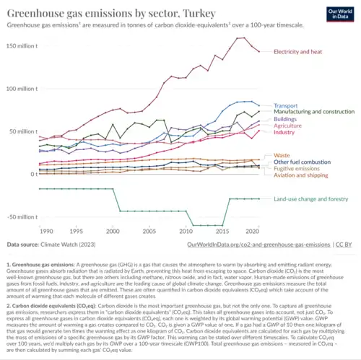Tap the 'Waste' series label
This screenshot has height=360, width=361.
282,155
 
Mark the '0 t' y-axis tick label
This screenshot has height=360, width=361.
33,175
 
